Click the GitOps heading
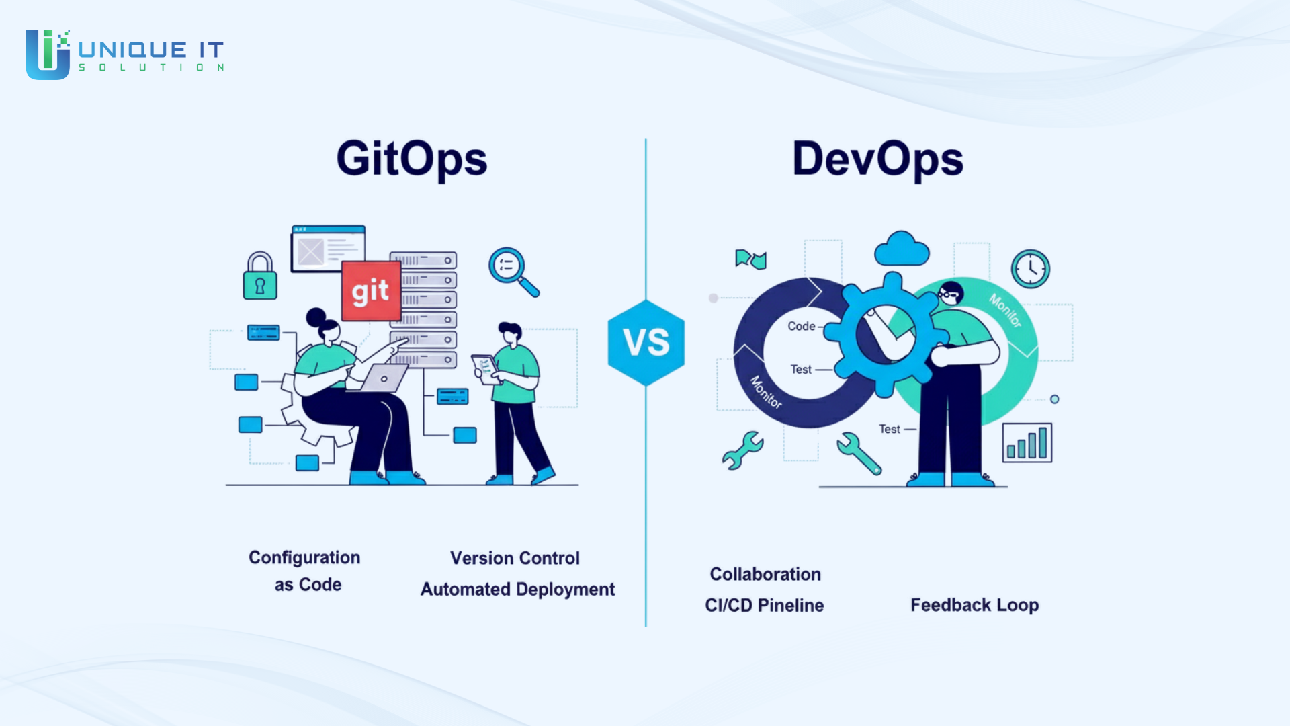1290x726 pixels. (x=412, y=160)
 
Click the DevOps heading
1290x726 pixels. (x=877, y=160)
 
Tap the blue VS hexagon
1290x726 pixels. (x=646, y=342)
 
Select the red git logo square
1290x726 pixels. (x=371, y=291)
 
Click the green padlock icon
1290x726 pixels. (x=260, y=276)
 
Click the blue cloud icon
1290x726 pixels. (x=902, y=249)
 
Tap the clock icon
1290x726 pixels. (x=1031, y=269)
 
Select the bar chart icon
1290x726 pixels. (x=1027, y=442)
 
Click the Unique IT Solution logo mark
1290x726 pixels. (x=48, y=54)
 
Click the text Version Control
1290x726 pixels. (x=515, y=558)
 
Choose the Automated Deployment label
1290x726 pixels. (x=517, y=590)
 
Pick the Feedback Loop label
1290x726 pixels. (x=975, y=605)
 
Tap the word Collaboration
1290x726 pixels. (x=765, y=574)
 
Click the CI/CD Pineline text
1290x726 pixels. (x=764, y=605)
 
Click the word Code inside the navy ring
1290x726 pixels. (x=802, y=326)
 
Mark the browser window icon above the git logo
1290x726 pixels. (x=329, y=249)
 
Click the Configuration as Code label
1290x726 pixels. (x=305, y=571)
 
